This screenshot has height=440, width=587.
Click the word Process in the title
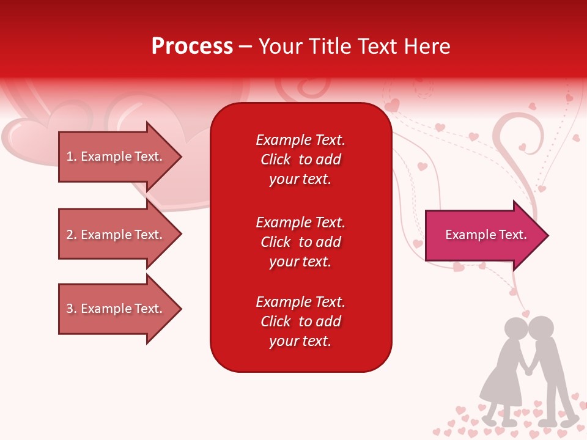(192, 46)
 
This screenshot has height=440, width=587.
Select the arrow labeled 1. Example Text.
(116, 156)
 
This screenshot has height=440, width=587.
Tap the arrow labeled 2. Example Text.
(116, 235)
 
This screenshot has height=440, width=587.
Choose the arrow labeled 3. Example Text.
(116, 309)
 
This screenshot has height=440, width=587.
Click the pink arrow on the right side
(483, 235)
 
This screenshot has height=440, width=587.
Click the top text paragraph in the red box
(300, 159)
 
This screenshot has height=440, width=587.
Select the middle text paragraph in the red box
(300, 242)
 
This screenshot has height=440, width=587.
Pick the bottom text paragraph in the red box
(300, 321)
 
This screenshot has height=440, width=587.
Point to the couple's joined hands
(528, 370)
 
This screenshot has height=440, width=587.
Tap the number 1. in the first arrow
(72, 156)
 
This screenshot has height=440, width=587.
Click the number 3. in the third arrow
(72, 309)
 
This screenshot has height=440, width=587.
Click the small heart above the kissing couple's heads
(526, 313)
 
